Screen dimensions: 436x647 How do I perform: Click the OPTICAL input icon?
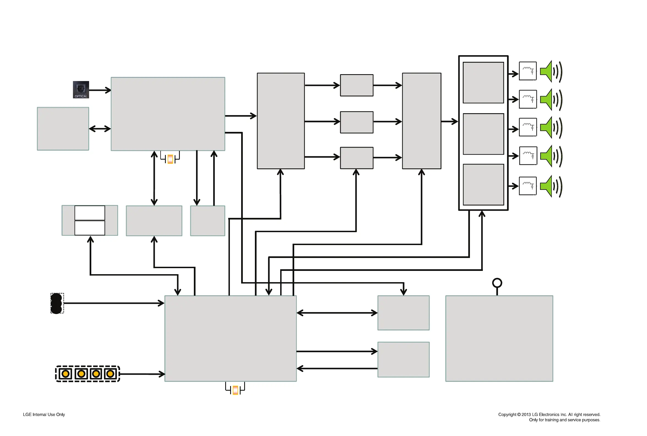pos(81,90)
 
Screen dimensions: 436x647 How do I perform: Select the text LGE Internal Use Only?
pos(44,415)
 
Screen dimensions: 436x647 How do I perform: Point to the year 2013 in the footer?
pos(526,415)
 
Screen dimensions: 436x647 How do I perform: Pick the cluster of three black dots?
pos(56,303)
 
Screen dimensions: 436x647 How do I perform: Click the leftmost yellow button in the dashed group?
pos(65,374)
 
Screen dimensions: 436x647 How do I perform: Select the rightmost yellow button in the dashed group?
pos(110,374)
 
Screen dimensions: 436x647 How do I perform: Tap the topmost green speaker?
pos(547,71)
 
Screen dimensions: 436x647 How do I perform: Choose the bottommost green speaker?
pos(547,186)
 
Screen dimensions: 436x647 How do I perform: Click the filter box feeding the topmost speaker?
pos(528,71)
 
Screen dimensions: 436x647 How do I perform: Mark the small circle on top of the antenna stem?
pos(497,283)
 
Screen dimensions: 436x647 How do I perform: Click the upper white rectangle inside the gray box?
pos(90,213)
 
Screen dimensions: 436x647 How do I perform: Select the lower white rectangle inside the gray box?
pos(90,228)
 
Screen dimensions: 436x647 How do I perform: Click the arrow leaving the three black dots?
pos(114,303)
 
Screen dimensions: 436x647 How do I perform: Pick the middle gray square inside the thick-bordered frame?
pos(483,134)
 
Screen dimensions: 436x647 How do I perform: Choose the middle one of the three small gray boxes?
pos(356,122)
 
